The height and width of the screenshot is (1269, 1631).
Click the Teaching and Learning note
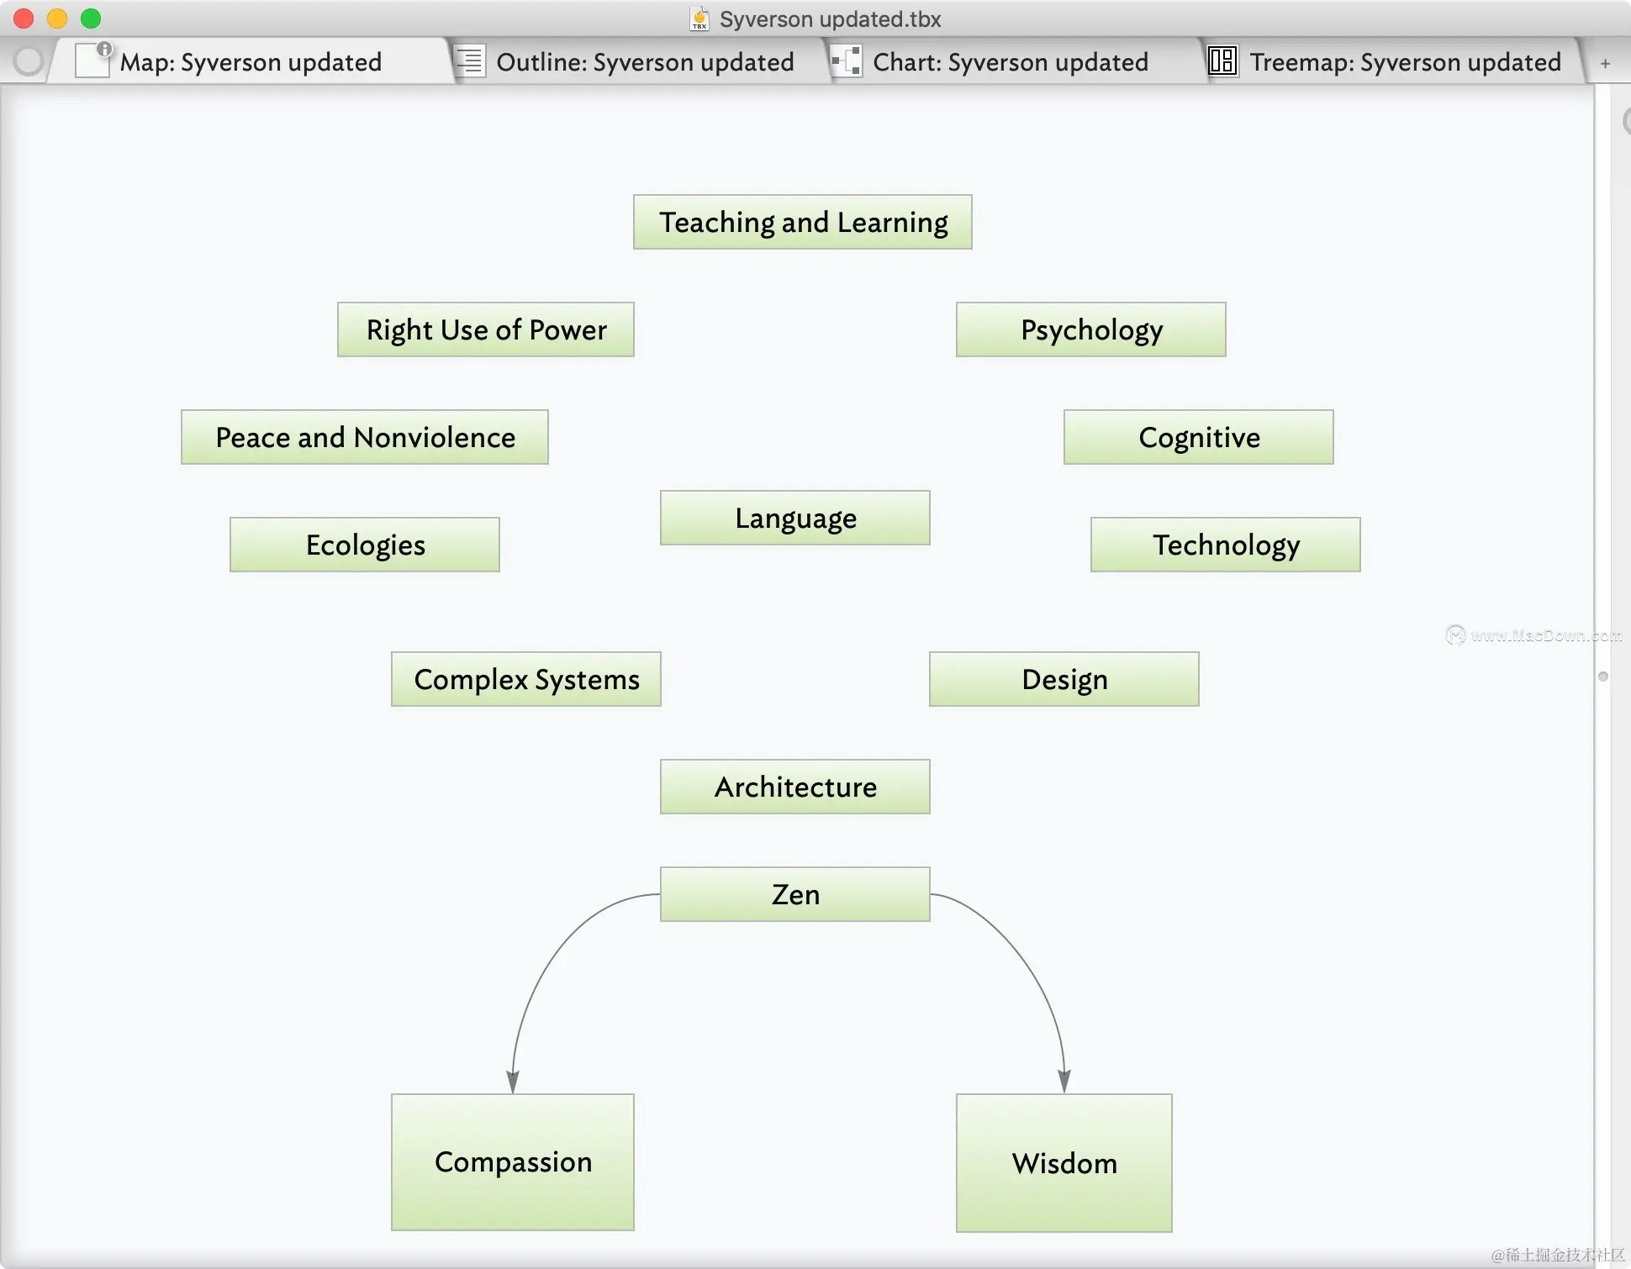(x=802, y=222)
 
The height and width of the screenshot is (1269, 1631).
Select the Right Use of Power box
(x=485, y=329)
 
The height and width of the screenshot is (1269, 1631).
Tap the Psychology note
(x=1090, y=329)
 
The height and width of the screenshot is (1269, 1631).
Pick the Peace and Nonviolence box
(x=364, y=437)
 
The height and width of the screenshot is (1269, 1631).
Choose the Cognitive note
(x=1198, y=437)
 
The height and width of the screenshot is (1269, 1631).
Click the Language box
(x=794, y=518)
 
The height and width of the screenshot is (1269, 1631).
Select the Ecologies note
(x=364, y=545)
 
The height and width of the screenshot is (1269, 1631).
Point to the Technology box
(x=1225, y=545)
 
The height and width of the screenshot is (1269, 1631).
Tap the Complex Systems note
(x=525, y=679)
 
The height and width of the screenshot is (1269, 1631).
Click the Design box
(x=1064, y=679)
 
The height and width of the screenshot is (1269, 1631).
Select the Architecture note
(x=794, y=787)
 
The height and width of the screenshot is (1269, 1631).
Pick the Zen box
(x=794, y=894)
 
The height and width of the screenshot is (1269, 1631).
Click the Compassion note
(x=512, y=1161)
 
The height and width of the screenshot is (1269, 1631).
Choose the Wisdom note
(x=1064, y=1163)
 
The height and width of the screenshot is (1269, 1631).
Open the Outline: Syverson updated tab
(x=644, y=62)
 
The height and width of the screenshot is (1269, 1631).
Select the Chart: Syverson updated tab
(x=1010, y=62)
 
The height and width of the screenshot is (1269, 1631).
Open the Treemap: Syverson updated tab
(x=1404, y=62)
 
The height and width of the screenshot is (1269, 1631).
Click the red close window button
(x=24, y=18)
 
